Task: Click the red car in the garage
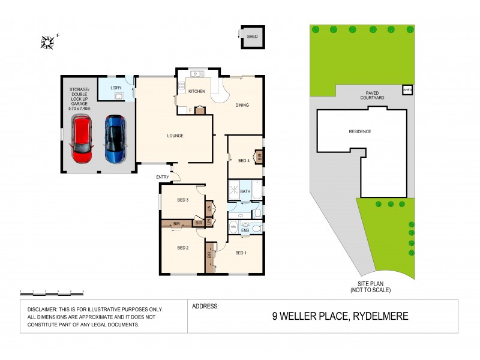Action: tap(82, 139)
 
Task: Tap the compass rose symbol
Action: tap(47, 41)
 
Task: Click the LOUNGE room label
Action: tap(175, 136)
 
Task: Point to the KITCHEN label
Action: tap(197, 91)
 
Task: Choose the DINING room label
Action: tap(242, 106)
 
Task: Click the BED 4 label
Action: tap(244, 160)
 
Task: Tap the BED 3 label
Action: tap(183, 200)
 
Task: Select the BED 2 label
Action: tap(183, 247)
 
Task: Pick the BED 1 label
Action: tap(241, 253)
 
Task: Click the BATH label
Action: tap(245, 191)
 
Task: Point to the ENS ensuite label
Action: tap(245, 229)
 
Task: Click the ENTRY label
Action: tap(163, 176)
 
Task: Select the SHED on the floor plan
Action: tap(252, 37)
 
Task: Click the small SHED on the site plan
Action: tap(408, 91)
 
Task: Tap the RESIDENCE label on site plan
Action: tap(360, 131)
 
